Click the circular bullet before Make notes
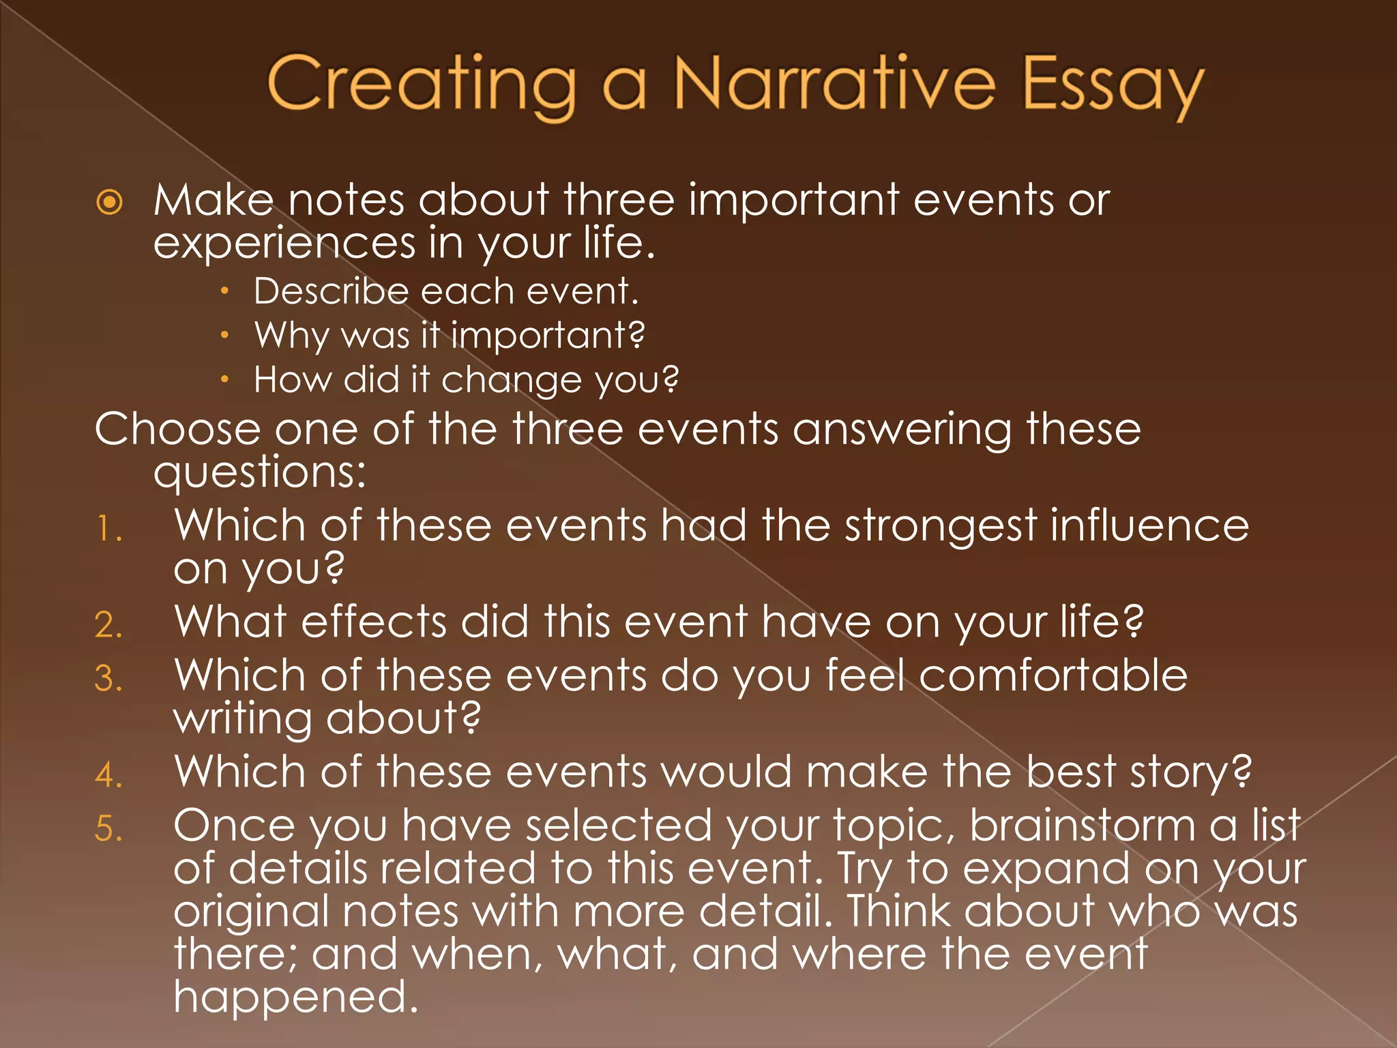coord(110,203)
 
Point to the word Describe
coord(330,291)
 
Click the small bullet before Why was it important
coord(224,336)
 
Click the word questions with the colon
coord(259,472)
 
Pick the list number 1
coord(108,529)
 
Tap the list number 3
coord(108,680)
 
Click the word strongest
coord(941,527)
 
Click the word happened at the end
coord(295,998)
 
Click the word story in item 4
coord(1190,773)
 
